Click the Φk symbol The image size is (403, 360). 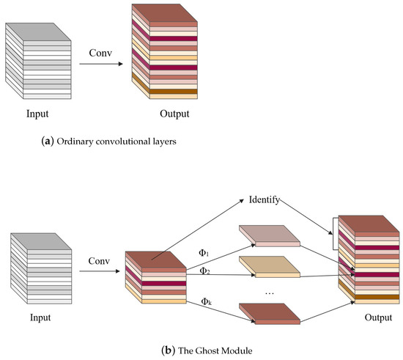click(x=207, y=300)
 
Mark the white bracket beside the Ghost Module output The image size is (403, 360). click(x=333, y=233)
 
